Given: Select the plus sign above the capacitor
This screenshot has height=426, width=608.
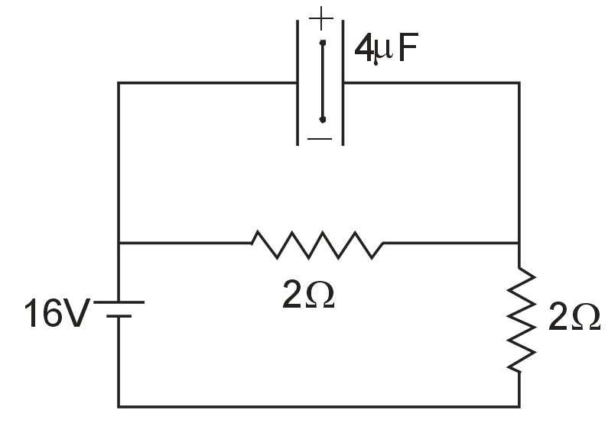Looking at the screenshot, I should pos(322,15).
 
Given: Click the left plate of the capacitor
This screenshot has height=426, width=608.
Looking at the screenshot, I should pos(297,82).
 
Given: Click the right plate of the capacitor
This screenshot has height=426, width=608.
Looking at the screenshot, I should pos(343,82).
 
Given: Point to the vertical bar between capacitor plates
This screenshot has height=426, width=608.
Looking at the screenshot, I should pos(323,81).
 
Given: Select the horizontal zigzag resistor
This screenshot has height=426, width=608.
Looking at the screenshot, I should pos(317,244).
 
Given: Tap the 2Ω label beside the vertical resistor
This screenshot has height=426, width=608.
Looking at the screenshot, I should pos(574,318).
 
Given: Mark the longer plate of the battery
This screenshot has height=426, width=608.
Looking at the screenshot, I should pos(119,302).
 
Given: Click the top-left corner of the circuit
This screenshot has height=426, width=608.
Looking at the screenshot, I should pos(119,82).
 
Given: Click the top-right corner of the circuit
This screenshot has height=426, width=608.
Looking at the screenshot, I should pos(519,82).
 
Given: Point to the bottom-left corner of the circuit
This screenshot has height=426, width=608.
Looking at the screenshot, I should pos(119,405).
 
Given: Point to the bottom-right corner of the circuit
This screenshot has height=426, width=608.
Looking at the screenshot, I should pos(519,405).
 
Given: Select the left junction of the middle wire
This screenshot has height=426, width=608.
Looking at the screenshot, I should pos(119,244).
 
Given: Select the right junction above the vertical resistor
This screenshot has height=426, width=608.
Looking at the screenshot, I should pos(519,244).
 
